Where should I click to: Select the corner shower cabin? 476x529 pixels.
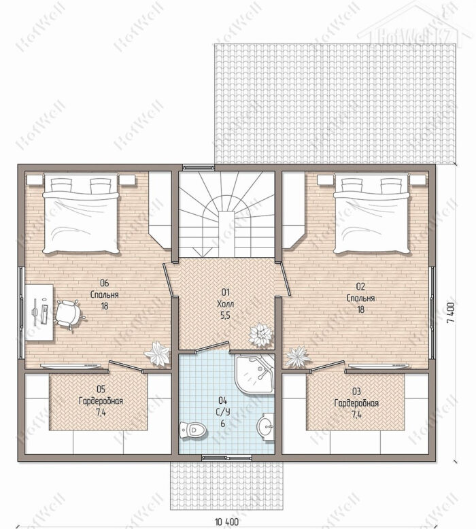tap(255, 374)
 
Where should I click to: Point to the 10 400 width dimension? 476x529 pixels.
tap(226, 522)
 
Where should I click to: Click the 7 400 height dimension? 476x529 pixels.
tap(452, 312)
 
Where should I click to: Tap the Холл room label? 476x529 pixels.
tap(226, 305)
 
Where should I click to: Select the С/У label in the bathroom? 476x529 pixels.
tap(222, 413)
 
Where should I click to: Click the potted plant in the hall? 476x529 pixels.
tap(260, 335)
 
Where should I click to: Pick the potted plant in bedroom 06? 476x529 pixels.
tap(157, 353)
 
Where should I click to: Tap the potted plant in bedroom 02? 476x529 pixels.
tap(298, 357)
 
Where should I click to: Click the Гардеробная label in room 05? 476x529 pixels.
tap(101, 401)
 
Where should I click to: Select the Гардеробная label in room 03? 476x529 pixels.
tap(356, 403)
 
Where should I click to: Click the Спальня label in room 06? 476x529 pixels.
tap(105, 294)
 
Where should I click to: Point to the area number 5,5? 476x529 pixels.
tap(226, 315)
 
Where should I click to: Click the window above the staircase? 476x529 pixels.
tap(198, 167)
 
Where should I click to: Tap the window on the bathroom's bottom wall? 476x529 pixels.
tap(226, 458)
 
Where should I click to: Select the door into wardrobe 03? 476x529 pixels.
tap(328, 366)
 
